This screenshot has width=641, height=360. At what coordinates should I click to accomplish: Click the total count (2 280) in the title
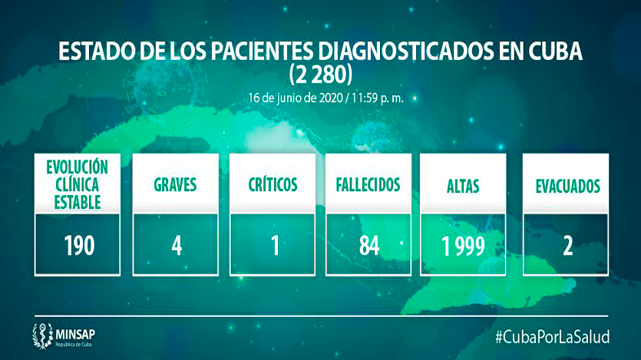[321, 74]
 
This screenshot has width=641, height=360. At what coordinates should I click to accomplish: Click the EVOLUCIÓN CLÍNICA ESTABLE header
[78, 184]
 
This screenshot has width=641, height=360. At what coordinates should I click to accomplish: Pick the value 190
[79, 246]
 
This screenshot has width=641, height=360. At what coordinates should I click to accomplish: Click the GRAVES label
[175, 185]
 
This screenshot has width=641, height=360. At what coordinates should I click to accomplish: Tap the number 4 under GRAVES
[177, 246]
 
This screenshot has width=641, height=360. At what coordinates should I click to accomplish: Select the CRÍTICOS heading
[273, 184]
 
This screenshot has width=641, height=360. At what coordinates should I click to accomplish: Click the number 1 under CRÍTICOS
[275, 246]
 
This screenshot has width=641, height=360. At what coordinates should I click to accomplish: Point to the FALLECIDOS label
[368, 185]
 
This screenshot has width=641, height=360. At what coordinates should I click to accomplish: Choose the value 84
[369, 246]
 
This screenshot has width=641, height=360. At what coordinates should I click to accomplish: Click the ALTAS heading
[463, 187]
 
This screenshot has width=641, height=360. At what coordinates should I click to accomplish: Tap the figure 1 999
[463, 246]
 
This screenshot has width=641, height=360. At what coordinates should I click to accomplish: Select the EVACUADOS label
[568, 187]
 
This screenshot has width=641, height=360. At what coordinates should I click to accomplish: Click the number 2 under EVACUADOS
[568, 246]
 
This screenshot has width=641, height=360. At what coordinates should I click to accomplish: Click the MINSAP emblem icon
[43, 336]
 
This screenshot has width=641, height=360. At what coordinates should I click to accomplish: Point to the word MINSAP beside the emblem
[75, 334]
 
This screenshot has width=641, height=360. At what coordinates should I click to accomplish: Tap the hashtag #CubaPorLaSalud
[552, 337]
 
